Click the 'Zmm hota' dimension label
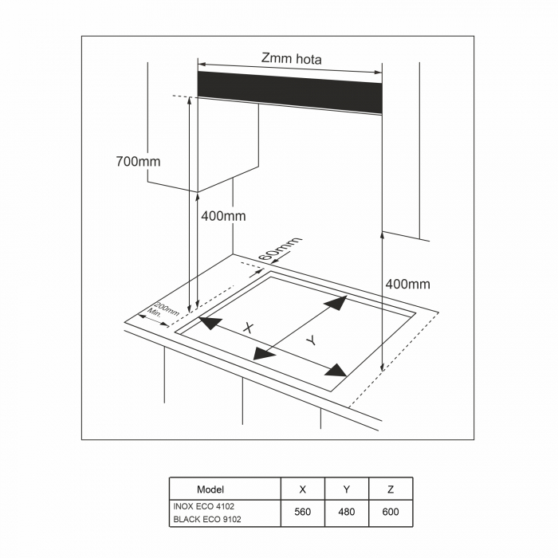click(x=292, y=59)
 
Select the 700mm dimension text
click(x=138, y=162)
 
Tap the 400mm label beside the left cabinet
click(x=223, y=216)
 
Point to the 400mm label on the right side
click(x=408, y=284)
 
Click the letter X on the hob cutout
click(x=249, y=328)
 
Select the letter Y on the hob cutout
click(x=312, y=340)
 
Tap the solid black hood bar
click(x=289, y=92)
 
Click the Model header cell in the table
click(x=210, y=489)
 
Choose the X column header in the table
click(x=302, y=489)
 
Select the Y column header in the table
click(x=347, y=489)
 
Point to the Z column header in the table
click(x=391, y=489)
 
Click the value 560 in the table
click(x=302, y=512)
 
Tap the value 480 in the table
click(x=347, y=512)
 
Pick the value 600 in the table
click(x=391, y=512)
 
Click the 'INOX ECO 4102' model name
click(x=204, y=506)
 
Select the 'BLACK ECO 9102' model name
click(x=207, y=519)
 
